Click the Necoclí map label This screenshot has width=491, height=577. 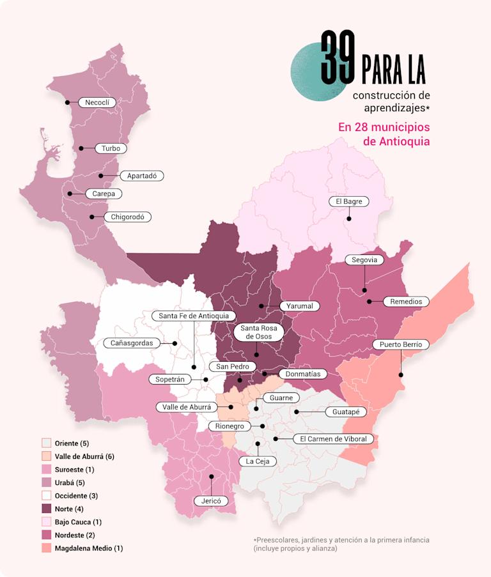(x=97, y=102)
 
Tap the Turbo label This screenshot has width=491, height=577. (x=111, y=148)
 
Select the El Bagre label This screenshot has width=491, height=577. (x=349, y=201)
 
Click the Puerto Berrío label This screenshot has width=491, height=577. (x=400, y=344)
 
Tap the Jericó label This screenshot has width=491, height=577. (x=211, y=501)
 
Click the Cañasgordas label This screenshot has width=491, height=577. (x=132, y=343)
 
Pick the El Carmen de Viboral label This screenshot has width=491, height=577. (x=333, y=439)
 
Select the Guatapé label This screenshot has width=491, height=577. (x=346, y=412)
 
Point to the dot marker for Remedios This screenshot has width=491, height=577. (x=370, y=302)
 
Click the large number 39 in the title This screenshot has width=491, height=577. (x=338, y=58)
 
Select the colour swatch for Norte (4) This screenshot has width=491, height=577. (x=46, y=509)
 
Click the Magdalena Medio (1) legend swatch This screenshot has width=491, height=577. (x=46, y=548)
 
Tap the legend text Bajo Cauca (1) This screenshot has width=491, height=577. (x=79, y=522)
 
